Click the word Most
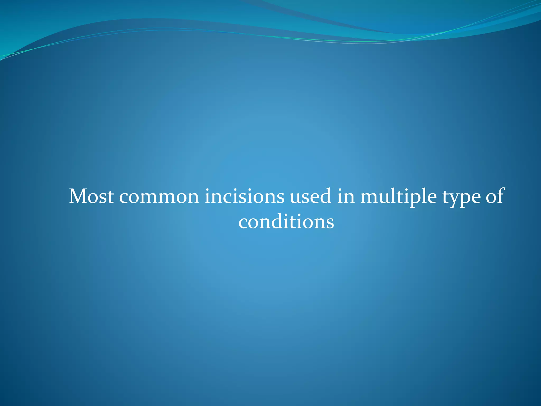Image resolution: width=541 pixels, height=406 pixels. [91, 196]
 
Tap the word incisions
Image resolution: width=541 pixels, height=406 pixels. [244, 196]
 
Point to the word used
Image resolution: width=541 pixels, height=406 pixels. [310, 196]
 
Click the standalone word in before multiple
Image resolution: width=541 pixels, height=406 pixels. [346, 196]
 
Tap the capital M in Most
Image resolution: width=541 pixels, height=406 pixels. [79, 196]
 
